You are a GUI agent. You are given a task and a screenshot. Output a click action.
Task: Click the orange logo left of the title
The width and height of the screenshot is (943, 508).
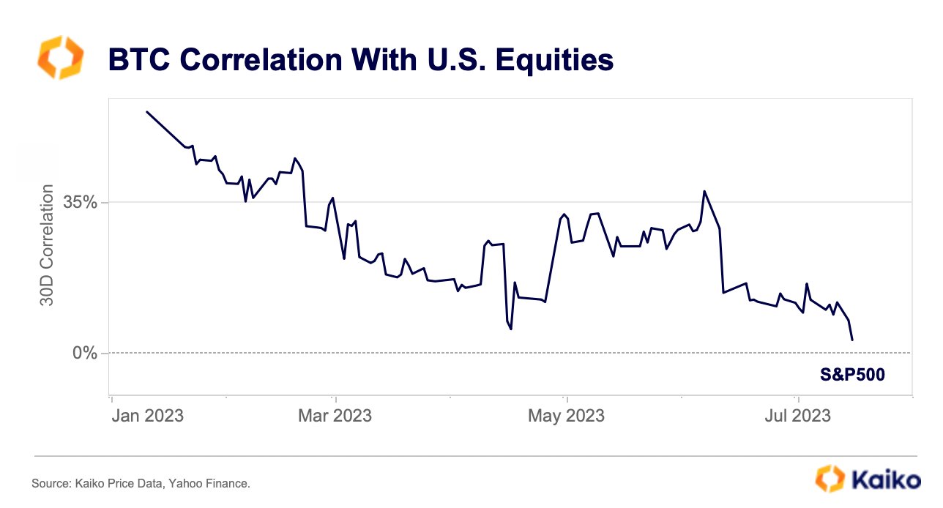tap(60, 59)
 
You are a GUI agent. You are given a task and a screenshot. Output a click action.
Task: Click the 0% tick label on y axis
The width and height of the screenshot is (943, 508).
tap(84, 354)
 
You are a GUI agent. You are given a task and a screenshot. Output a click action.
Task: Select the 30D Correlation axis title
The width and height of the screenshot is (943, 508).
tap(47, 245)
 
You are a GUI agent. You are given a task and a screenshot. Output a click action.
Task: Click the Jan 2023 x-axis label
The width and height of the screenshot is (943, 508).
tap(147, 416)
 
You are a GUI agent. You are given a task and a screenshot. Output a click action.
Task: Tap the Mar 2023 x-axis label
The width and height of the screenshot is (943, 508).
tap(335, 416)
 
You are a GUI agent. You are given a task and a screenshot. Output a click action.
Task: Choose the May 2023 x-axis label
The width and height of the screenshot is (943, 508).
tap(566, 416)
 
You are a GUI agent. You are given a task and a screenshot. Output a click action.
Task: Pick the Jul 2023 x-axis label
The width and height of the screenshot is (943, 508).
tap(797, 416)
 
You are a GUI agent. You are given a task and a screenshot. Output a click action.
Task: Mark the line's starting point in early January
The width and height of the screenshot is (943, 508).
tap(147, 112)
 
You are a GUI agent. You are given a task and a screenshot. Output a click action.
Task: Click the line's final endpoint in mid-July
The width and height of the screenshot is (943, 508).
tap(852, 340)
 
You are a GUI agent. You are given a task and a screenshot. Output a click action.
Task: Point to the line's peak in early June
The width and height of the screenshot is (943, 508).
tap(704, 191)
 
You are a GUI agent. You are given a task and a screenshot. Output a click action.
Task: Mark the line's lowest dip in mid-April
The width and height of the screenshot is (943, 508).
tap(511, 329)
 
